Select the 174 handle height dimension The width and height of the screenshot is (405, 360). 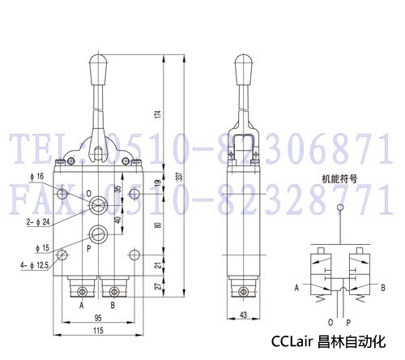click(x=159, y=114)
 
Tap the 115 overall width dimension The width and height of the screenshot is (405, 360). click(x=98, y=331)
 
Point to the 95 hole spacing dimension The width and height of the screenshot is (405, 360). click(x=98, y=318)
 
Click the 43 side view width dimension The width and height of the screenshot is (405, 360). click(x=243, y=315)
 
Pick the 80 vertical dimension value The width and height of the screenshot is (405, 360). click(x=159, y=225)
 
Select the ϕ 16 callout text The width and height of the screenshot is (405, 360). click(x=37, y=177)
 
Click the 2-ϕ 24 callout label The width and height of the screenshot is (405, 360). click(x=38, y=222)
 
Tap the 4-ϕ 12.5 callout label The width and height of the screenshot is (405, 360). click(x=34, y=265)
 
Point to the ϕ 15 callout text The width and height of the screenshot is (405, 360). click(x=43, y=248)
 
